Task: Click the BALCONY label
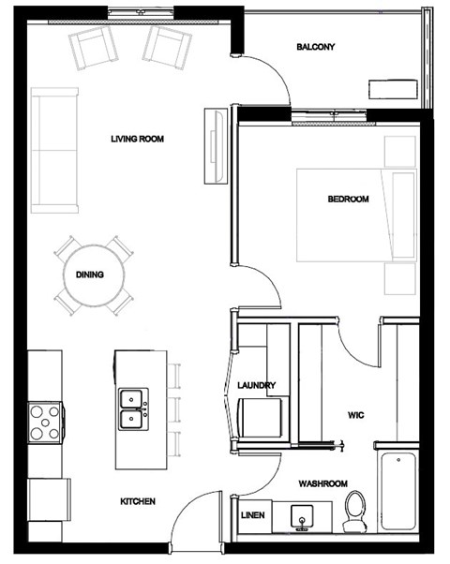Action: (315, 47)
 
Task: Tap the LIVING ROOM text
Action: (137, 140)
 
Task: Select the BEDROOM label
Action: (348, 199)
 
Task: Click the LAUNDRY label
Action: (256, 385)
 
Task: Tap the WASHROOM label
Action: (323, 483)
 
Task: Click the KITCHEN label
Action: (137, 501)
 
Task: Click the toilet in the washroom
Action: (355, 511)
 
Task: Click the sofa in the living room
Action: (53, 150)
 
